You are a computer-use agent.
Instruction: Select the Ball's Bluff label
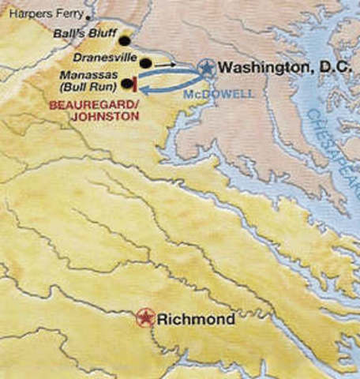click(x=82, y=35)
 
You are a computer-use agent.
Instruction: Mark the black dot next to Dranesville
click(x=146, y=62)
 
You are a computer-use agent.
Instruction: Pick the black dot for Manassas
click(x=126, y=83)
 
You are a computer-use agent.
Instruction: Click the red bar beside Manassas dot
click(x=137, y=83)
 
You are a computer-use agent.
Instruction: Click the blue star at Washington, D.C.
click(x=206, y=68)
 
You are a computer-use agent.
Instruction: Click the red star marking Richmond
click(x=144, y=318)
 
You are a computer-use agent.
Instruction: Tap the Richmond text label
click(x=195, y=320)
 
